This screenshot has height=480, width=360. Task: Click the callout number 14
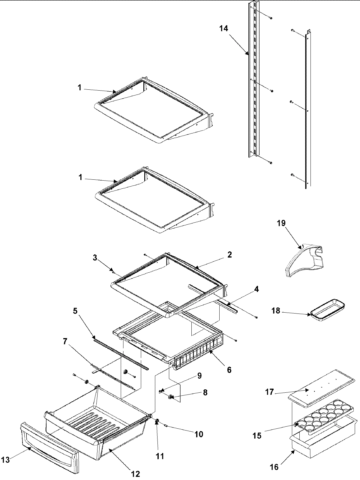(x=223, y=29)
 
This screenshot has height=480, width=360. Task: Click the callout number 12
(x=135, y=474)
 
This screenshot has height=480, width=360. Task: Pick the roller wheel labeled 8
(x=171, y=397)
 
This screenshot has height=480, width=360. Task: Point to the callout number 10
(x=199, y=434)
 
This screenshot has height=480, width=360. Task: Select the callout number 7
(x=64, y=341)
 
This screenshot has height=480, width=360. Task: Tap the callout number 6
(x=229, y=370)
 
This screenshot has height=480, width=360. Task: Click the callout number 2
(x=229, y=255)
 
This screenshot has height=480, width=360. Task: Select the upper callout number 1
(x=79, y=88)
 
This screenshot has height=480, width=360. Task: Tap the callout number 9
(x=199, y=376)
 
